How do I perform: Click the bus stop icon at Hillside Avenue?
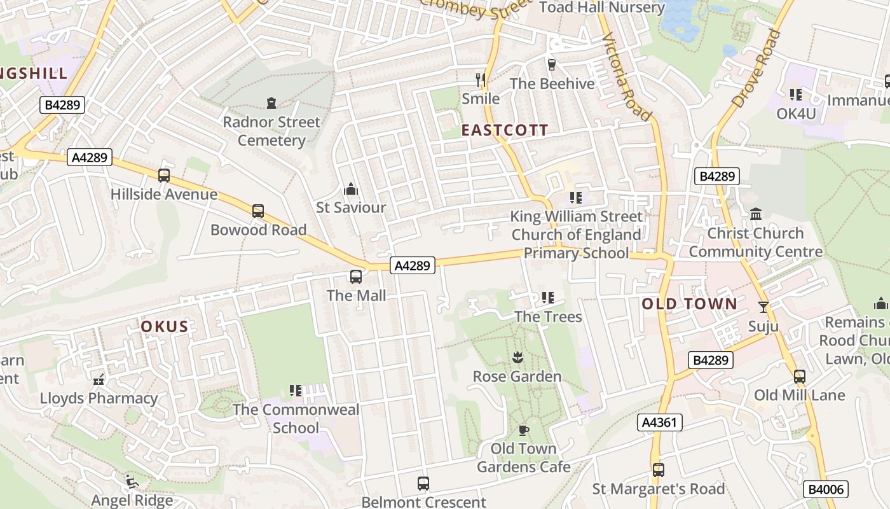tap(164, 176)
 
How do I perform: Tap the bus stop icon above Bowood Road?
tap(257, 211)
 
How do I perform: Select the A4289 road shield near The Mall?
tap(413, 265)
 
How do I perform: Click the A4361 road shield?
tap(659, 422)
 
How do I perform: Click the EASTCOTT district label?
tap(504, 130)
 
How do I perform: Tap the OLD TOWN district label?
tap(689, 304)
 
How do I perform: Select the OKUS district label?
tap(165, 327)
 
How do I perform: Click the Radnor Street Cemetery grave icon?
tap(271, 103)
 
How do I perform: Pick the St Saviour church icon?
tap(350, 189)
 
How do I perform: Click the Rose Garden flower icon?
tap(517, 358)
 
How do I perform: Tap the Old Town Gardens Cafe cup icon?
tap(523, 430)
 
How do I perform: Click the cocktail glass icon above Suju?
tap(763, 307)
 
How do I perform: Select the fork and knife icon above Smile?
tap(481, 80)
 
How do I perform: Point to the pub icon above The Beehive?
tap(552, 64)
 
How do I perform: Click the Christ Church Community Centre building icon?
tap(756, 214)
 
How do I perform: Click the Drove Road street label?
tap(756, 68)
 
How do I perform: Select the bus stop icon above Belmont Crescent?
tap(423, 484)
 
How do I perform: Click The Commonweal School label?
tap(296, 419)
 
